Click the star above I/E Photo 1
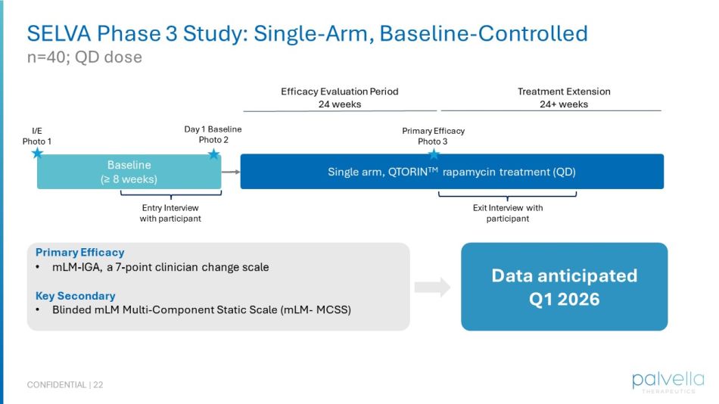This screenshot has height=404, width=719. click(37, 154)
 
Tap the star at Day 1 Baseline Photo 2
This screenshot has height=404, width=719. click(213, 154)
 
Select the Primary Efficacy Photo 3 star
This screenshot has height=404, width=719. click(434, 154)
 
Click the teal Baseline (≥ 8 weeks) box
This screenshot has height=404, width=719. click(129, 172)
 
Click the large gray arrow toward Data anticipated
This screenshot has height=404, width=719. click(432, 287)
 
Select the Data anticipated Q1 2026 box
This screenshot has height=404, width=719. click(564, 287)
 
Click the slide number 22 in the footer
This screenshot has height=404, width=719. click(98, 385)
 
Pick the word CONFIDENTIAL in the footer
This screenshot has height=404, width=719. click(57, 385)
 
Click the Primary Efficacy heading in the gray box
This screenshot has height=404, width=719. click(79, 253)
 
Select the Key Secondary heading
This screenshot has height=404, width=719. click(75, 296)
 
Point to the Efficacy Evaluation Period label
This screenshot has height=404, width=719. click(339, 92)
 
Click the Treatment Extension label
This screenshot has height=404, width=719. click(563, 92)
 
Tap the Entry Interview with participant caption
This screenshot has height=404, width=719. click(170, 213)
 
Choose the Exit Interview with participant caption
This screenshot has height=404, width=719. click(507, 213)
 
